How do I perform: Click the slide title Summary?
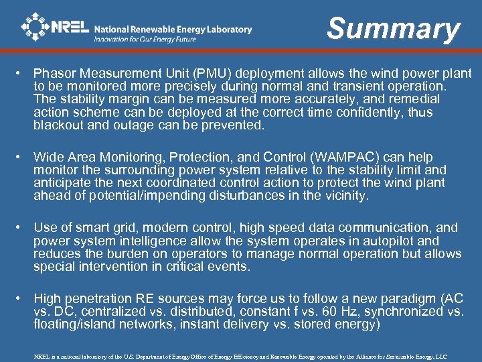tap(394, 29)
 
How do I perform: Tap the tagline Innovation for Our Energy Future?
tap(145, 40)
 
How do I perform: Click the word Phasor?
tap(54, 74)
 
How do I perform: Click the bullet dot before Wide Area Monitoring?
tap(23, 158)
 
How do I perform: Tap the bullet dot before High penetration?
tap(23, 298)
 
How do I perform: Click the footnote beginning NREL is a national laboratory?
tap(240, 356)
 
